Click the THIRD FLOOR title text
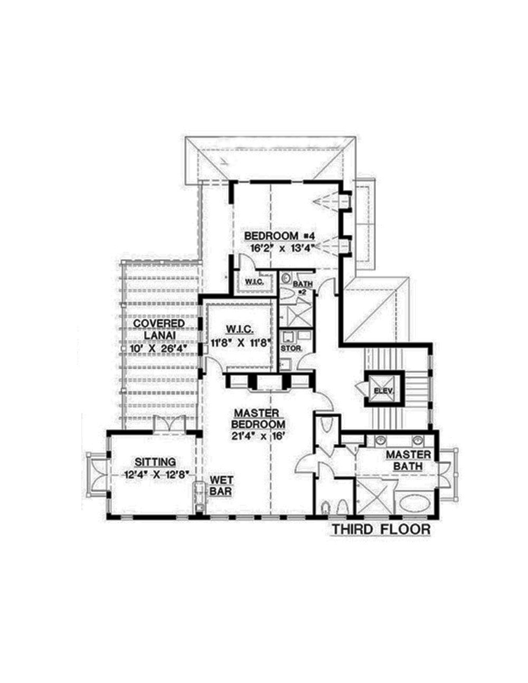(x=380, y=529)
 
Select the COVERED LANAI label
(x=159, y=329)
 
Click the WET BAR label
(x=219, y=486)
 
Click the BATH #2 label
(x=305, y=287)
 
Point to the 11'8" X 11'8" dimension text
(x=240, y=342)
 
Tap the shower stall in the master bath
(x=372, y=497)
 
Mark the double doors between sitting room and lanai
(x=169, y=425)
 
